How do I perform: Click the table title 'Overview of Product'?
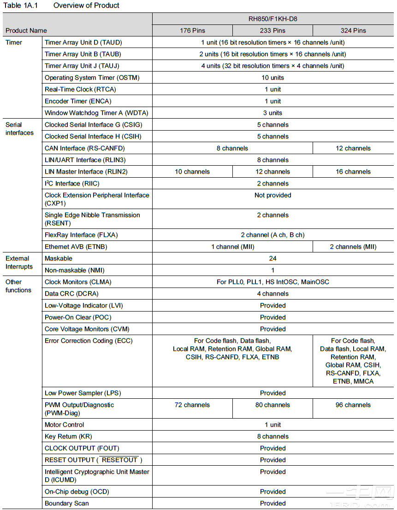pyautogui.click(x=86, y=6)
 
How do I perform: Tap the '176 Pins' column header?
pyautogui.click(x=192, y=30)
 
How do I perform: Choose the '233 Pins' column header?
pyautogui.click(x=273, y=30)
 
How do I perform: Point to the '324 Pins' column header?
pyautogui.click(x=353, y=30)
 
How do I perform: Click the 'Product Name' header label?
pyautogui.click(x=26, y=30)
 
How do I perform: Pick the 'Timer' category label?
pyautogui.click(x=14, y=42)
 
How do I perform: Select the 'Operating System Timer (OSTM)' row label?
pyautogui.click(x=92, y=78)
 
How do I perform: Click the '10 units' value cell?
pyautogui.click(x=273, y=78)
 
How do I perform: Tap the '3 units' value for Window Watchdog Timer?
pyautogui.click(x=273, y=113)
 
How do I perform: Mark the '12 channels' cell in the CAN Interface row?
pyautogui.click(x=353, y=148)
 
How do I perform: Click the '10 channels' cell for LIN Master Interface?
pyautogui.click(x=192, y=172)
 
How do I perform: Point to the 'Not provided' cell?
pyautogui.click(x=273, y=195)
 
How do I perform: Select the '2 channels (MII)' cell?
pyautogui.click(x=353, y=246)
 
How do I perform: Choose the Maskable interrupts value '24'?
pyautogui.click(x=273, y=258)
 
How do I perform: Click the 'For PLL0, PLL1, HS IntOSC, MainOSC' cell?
pyautogui.click(x=273, y=282)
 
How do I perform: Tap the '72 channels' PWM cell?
pyautogui.click(x=192, y=405)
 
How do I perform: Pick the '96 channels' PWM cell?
pyautogui.click(x=353, y=405)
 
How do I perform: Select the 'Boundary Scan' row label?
pyautogui.click(x=66, y=503)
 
